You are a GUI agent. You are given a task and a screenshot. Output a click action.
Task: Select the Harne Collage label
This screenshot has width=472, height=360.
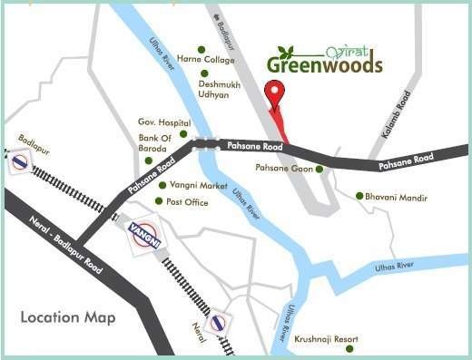[206, 60]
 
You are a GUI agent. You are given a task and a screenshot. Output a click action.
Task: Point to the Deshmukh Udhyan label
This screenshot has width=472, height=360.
[221, 88]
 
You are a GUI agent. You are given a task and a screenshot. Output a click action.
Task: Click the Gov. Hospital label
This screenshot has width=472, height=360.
[163, 122]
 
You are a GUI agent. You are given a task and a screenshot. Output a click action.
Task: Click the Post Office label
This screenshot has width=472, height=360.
[187, 201]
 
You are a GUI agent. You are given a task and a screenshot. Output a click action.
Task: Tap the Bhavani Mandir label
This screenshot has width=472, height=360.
[396, 196]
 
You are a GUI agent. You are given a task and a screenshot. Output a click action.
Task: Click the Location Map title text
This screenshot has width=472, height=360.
[68, 317]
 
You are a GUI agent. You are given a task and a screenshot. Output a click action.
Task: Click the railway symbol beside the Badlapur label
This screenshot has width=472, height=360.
[19, 161]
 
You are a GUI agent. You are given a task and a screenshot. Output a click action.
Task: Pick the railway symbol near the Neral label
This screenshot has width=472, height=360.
[216, 325]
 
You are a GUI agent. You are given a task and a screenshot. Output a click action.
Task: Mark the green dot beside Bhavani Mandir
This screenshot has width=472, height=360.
[359, 196]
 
